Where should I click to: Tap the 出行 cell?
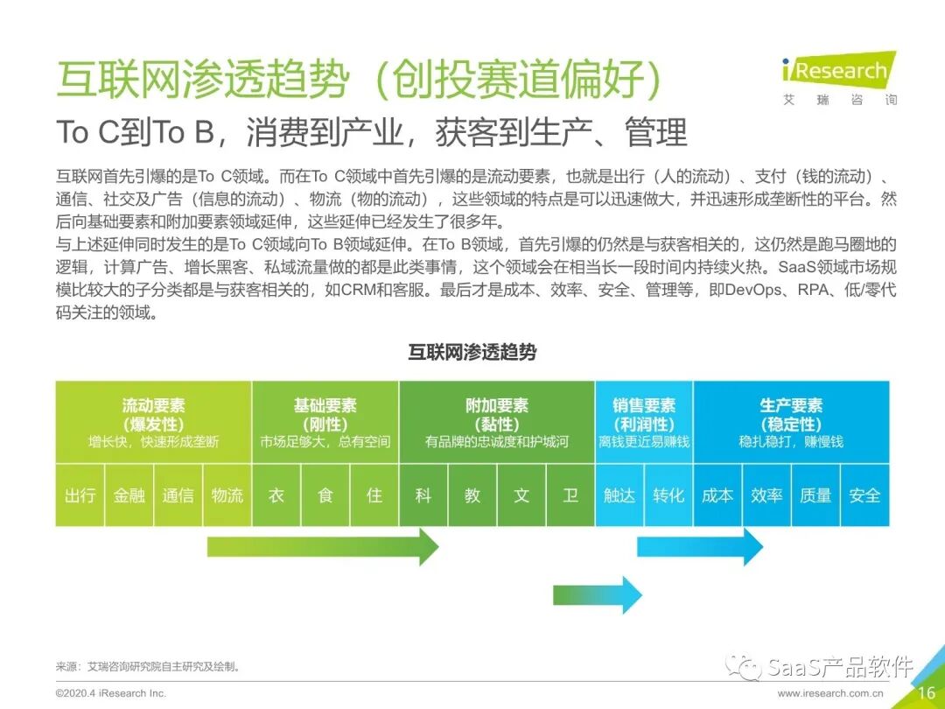[80, 495]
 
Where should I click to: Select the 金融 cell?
[129, 495]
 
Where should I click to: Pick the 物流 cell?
[227, 495]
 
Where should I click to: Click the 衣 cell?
[276, 495]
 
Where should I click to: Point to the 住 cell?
[374, 495]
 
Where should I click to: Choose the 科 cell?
[423, 495]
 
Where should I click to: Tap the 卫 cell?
[570, 495]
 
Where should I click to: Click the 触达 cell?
[619, 495]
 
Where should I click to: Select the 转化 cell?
[668, 495]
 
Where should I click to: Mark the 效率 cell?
[766, 495]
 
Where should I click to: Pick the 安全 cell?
[864, 495]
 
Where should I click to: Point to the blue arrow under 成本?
[699, 547]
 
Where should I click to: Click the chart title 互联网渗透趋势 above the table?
[472, 353]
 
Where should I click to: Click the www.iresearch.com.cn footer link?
[830, 693]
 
